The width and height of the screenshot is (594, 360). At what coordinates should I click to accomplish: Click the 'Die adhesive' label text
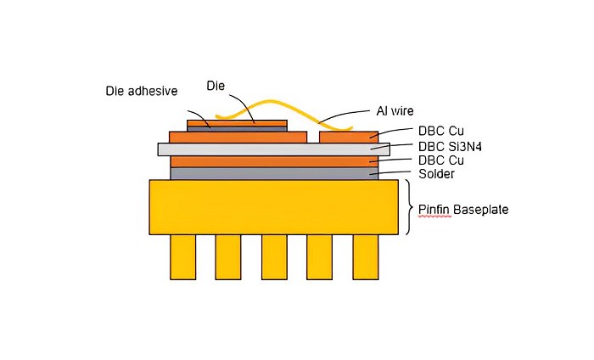pyautogui.click(x=142, y=91)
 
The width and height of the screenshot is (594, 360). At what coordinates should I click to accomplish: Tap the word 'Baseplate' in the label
pyautogui.click(x=480, y=208)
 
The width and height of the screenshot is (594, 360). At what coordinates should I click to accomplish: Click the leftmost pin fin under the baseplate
pyautogui.click(x=183, y=256)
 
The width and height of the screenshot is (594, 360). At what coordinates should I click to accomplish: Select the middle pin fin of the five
pyautogui.click(x=274, y=256)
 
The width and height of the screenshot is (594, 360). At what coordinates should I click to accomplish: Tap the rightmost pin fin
pyautogui.click(x=365, y=256)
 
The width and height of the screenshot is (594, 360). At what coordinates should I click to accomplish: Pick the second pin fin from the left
pyautogui.click(x=228, y=256)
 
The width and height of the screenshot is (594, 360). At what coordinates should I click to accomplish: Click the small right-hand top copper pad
pyautogui.click(x=349, y=137)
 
